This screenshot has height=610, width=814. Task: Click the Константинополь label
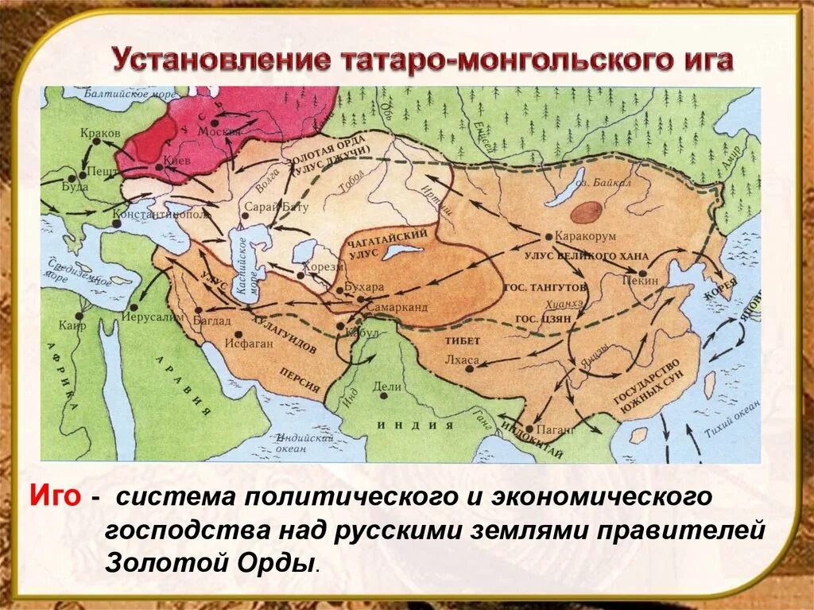[x=161, y=215]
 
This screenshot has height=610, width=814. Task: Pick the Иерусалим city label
[x=164, y=315]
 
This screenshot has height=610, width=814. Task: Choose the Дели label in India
[x=388, y=387]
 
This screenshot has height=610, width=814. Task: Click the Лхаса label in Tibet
[x=463, y=359]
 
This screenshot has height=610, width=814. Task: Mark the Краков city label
[x=100, y=133]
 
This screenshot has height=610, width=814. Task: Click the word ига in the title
[x=703, y=61]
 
